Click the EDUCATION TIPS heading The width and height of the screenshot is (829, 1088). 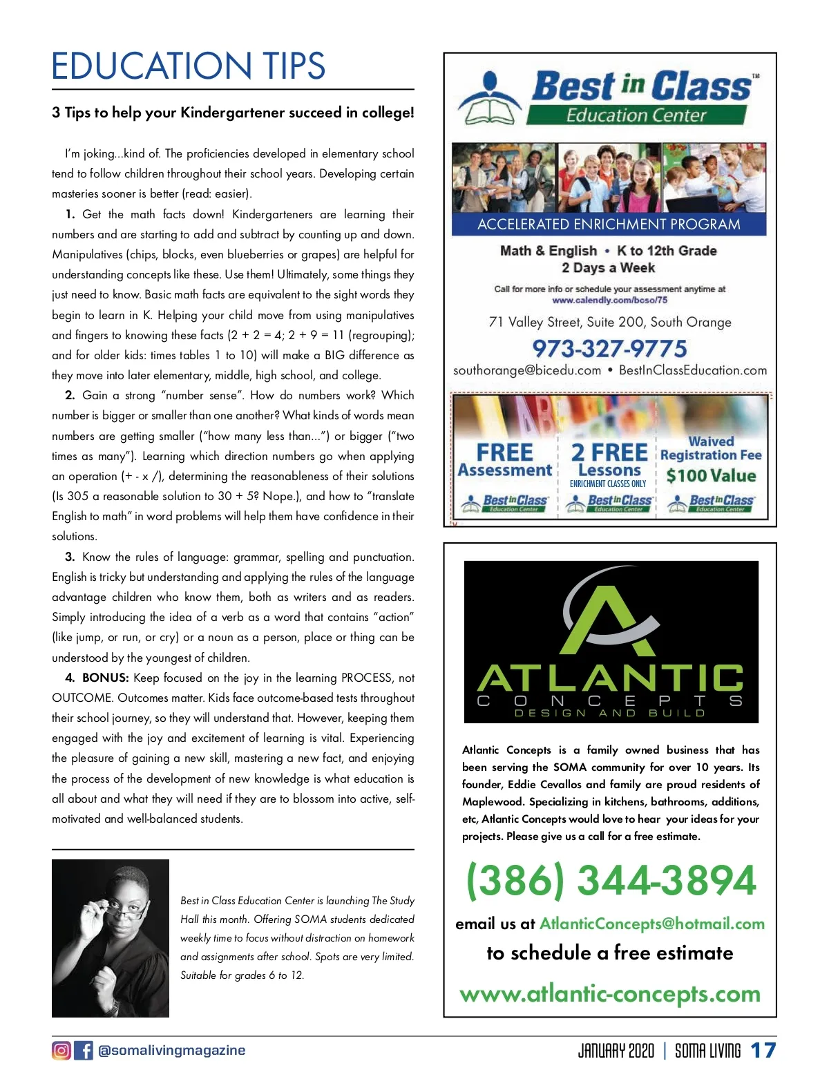click(x=188, y=66)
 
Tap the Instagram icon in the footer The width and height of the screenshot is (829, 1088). click(x=61, y=1050)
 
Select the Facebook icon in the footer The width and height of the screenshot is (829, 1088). click(x=84, y=1050)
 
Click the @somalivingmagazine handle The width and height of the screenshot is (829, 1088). click(x=171, y=1050)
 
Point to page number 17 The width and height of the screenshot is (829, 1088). click(x=763, y=1051)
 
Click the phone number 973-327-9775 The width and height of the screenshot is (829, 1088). click(x=609, y=348)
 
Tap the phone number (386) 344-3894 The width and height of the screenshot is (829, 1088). click(x=611, y=881)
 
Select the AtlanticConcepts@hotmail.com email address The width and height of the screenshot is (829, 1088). click(x=651, y=924)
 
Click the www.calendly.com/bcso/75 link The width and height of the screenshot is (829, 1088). click(x=609, y=300)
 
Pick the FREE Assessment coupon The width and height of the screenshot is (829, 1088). click(x=505, y=461)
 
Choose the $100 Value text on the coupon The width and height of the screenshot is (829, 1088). click(x=711, y=475)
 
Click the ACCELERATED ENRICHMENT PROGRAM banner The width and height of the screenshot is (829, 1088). click(x=609, y=225)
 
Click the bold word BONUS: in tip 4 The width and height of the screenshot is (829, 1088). click(x=105, y=678)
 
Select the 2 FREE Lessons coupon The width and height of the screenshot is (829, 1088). click(x=609, y=461)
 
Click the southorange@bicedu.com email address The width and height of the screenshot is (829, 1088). click(x=527, y=370)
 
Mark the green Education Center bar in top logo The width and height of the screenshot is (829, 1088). click(x=636, y=115)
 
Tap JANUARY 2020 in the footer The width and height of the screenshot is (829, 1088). click(x=616, y=1051)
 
